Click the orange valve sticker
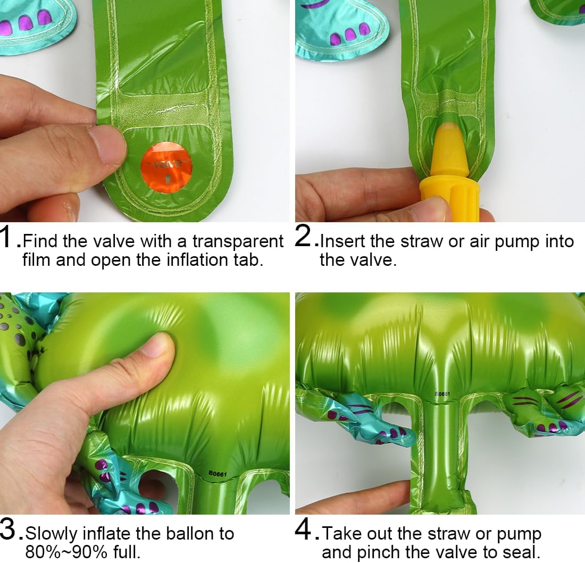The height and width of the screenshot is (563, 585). coord(166,164)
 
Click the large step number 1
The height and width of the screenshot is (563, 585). coord(7,237)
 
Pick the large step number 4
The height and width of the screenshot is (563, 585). coord(304,530)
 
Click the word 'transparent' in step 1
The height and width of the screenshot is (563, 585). coord(238,241)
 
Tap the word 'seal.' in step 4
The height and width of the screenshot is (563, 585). coord(522,552)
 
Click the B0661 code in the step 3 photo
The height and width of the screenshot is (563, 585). coord(217,474)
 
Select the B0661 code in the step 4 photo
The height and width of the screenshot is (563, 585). coord(442,394)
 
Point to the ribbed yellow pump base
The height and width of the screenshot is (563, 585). coord(449,198)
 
